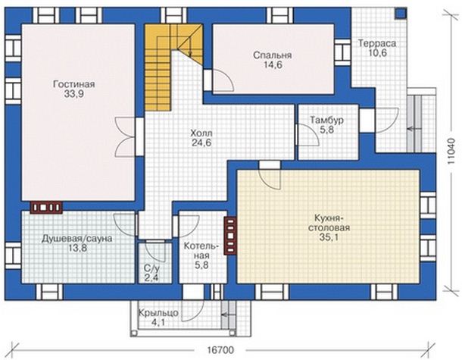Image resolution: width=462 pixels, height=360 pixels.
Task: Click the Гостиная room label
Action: (x=74, y=84)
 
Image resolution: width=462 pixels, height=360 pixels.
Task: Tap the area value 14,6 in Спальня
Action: (x=273, y=65)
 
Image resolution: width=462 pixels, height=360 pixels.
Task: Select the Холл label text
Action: (x=201, y=133)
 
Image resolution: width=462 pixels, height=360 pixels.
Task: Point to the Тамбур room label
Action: (x=326, y=120)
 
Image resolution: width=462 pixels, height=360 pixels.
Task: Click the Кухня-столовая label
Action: (x=329, y=223)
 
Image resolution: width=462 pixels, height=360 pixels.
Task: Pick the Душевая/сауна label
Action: (x=77, y=238)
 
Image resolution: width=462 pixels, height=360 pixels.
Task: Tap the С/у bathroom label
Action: (x=151, y=268)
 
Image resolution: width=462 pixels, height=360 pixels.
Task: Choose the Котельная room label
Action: (x=201, y=250)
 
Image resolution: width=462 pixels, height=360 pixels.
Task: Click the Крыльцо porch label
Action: (x=158, y=312)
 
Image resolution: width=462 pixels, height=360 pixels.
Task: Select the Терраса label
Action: (x=377, y=43)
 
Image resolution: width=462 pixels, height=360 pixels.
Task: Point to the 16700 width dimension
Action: (x=220, y=350)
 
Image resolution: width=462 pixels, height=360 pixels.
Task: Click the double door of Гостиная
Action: (x=126, y=136)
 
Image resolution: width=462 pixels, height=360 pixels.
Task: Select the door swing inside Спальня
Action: (x=223, y=80)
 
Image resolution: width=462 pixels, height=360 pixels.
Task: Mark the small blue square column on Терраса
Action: (x=401, y=14)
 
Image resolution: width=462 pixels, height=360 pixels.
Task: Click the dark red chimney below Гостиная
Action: (x=46, y=208)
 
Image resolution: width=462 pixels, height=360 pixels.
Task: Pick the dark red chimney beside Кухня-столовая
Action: (x=230, y=236)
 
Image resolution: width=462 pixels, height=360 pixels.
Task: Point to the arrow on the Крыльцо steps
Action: (x=226, y=315)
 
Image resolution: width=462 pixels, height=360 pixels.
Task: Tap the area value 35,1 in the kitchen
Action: (x=329, y=237)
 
